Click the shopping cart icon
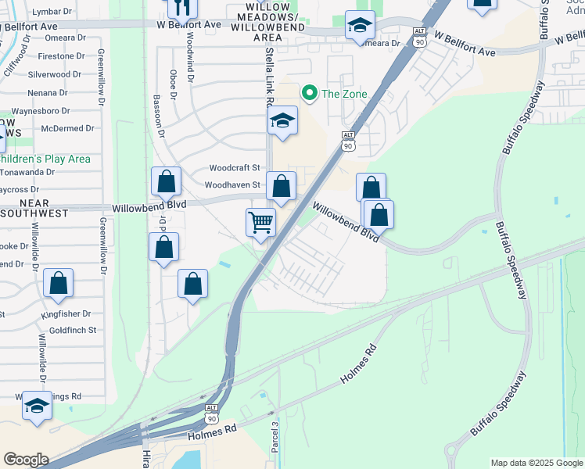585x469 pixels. [260, 221]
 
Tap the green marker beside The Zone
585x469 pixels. [310, 95]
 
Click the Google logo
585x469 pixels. [26, 460]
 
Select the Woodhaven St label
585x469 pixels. [232, 185]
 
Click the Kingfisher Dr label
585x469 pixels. [66, 314]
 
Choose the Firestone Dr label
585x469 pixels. [56, 56]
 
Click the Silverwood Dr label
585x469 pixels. [56, 74]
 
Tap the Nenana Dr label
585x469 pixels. [52, 92]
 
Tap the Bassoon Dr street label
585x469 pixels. [158, 117]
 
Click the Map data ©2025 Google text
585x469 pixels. [536, 463]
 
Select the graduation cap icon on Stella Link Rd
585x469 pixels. [282, 120]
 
